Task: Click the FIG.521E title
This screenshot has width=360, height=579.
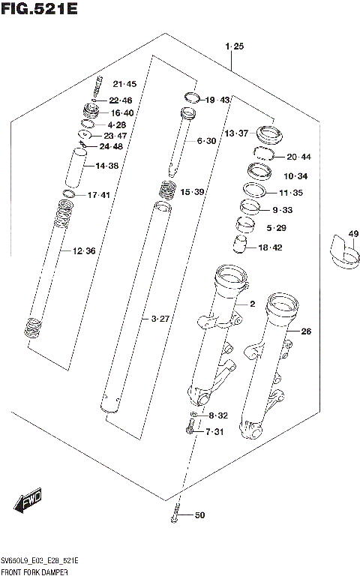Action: pyautogui.click(x=39, y=9)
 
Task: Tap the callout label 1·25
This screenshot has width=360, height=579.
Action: pyautogui.click(x=234, y=47)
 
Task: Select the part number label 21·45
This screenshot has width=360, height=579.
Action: pyautogui.click(x=124, y=84)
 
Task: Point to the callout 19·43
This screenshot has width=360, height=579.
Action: pyautogui.click(x=218, y=100)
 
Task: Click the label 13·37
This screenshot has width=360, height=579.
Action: pyautogui.click(x=236, y=133)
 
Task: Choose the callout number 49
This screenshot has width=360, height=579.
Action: pyautogui.click(x=353, y=234)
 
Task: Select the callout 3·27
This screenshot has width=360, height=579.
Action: pyautogui.click(x=160, y=319)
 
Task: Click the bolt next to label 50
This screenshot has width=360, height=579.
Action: pyautogui.click(x=175, y=516)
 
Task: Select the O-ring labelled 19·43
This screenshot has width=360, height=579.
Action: pyautogui.click(x=191, y=96)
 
